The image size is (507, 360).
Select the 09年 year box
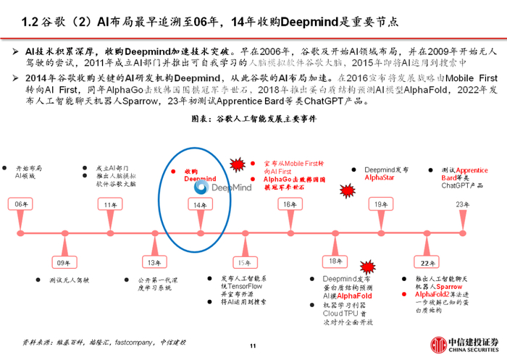point(64,261)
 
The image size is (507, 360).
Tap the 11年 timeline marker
point(110,205)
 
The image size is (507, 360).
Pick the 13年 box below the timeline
point(154,261)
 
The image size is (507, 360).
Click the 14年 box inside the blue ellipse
point(199,205)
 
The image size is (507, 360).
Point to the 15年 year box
point(242,261)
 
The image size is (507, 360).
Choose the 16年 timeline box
point(289,205)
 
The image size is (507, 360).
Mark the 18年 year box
point(335,261)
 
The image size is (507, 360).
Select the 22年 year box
point(425,261)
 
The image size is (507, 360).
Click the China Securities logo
point(463,343)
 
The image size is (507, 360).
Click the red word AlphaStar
point(379,177)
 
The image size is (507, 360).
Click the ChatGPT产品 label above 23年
point(461,185)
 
